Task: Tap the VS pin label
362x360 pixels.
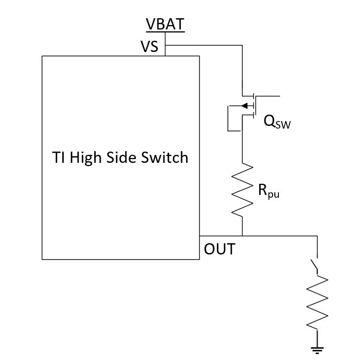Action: tap(149, 47)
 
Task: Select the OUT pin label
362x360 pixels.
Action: tap(219, 249)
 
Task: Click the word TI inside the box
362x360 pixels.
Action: tap(58, 157)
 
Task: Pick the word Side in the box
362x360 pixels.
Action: tap(128, 157)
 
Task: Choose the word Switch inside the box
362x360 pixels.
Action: tap(167, 157)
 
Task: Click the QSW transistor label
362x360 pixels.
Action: tap(277, 122)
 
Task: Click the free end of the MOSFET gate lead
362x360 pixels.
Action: tap(279, 96)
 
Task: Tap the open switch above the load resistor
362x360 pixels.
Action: tap(315, 265)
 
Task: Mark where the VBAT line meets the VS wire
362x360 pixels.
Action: tap(165, 46)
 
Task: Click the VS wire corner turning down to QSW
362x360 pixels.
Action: tap(243, 46)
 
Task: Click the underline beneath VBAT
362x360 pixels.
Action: tap(165, 32)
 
